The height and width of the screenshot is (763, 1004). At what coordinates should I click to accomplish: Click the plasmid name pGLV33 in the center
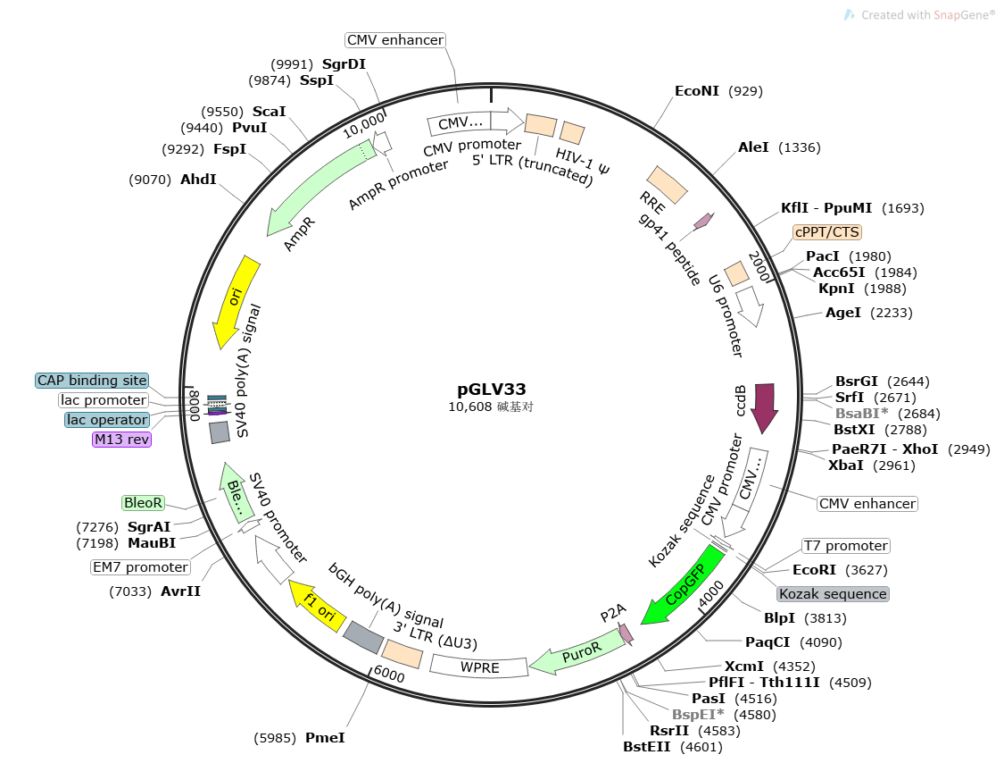tap(492, 390)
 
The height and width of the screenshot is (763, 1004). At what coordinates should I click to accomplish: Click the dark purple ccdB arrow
tap(765, 407)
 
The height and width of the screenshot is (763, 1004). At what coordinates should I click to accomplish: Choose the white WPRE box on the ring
tap(479, 667)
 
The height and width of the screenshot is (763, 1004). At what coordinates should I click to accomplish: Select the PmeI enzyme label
tap(325, 738)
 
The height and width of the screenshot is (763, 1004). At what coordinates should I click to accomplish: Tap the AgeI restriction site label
tap(843, 313)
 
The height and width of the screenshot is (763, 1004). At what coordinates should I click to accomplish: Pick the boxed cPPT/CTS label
tap(827, 232)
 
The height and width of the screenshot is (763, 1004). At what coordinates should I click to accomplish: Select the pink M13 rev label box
tap(121, 440)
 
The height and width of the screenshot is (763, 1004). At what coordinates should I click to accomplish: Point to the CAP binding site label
tap(92, 381)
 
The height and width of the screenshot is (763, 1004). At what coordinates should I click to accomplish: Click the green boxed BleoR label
tap(144, 504)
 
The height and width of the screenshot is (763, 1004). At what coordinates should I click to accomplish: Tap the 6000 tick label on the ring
tap(389, 676)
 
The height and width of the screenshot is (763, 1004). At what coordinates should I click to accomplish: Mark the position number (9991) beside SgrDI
tap(293, 64)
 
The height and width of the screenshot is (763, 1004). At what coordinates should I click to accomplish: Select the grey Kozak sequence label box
tap(833, 594)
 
